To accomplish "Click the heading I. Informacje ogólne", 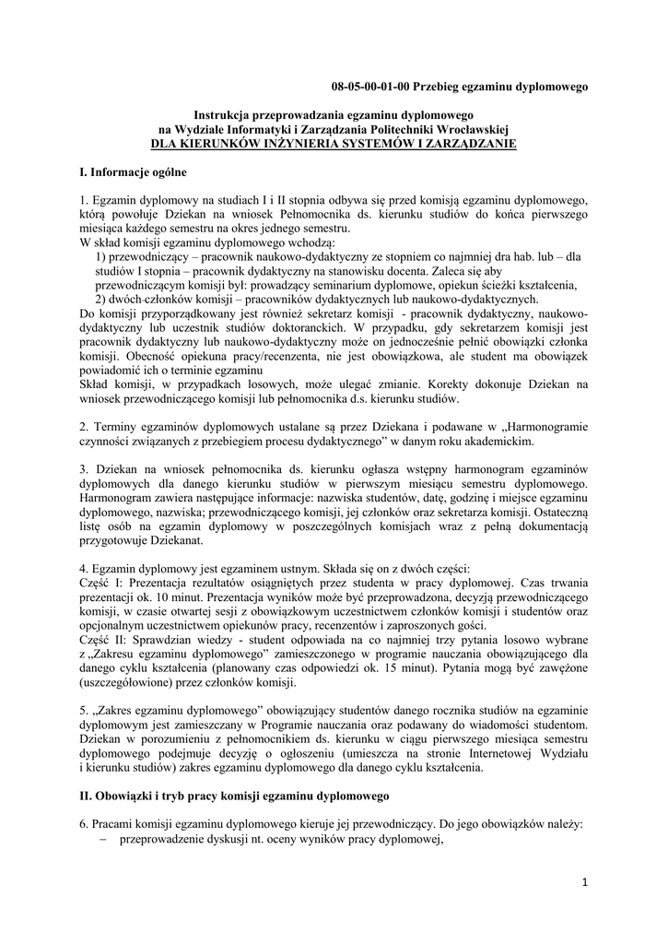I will (134, 172).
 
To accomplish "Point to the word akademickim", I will (472, 443).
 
